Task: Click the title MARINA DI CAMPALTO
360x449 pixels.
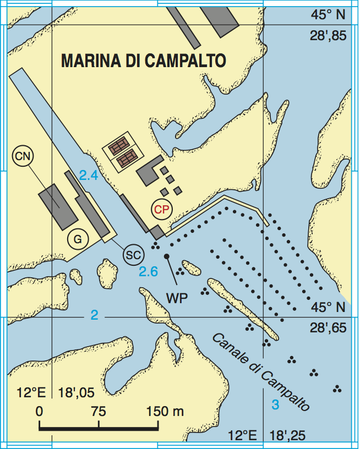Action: click(144, 61)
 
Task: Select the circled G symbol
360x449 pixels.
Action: click(78, 239)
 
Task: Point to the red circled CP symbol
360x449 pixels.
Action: click(162, 209)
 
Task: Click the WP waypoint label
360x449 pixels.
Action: click(177, 298)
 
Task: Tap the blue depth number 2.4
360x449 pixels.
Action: click(88, 176)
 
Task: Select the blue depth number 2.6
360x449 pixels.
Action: click(148, 271)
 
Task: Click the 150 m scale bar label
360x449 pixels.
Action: click(165, 411)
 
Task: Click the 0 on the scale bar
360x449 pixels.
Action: click(39, 411)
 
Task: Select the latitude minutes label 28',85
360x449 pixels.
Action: click(329, 37)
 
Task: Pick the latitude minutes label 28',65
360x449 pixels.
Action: click(329, 328)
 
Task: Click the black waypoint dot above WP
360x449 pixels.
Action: click(166, 256)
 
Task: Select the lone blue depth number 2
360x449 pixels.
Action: click(94, 315)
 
